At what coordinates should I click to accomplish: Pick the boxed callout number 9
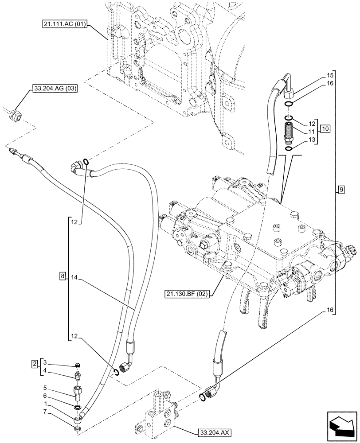[x=340, y=190]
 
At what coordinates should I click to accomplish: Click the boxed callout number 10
[x=325, y=129]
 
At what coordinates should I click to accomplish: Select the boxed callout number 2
[x=35, y=364]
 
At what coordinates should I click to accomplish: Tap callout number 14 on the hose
[x=74, y=278]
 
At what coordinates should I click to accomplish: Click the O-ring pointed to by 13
[x=289, y=149]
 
